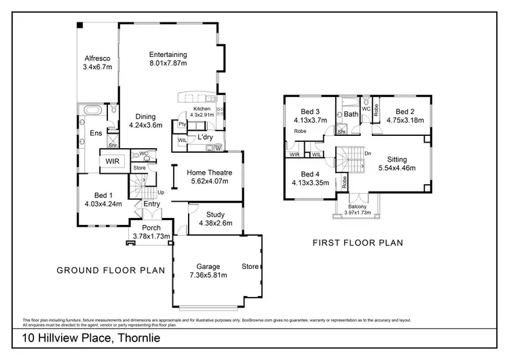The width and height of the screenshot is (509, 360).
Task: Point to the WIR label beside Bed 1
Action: [111, 161]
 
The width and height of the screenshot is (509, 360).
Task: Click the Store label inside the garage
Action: [250, 266]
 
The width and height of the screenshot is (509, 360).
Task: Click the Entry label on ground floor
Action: [152, 204]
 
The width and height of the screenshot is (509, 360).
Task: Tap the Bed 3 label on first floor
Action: [309, 111]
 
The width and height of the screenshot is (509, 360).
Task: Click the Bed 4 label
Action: [309, 173]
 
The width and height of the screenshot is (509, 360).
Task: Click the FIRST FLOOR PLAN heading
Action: [357, 242]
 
